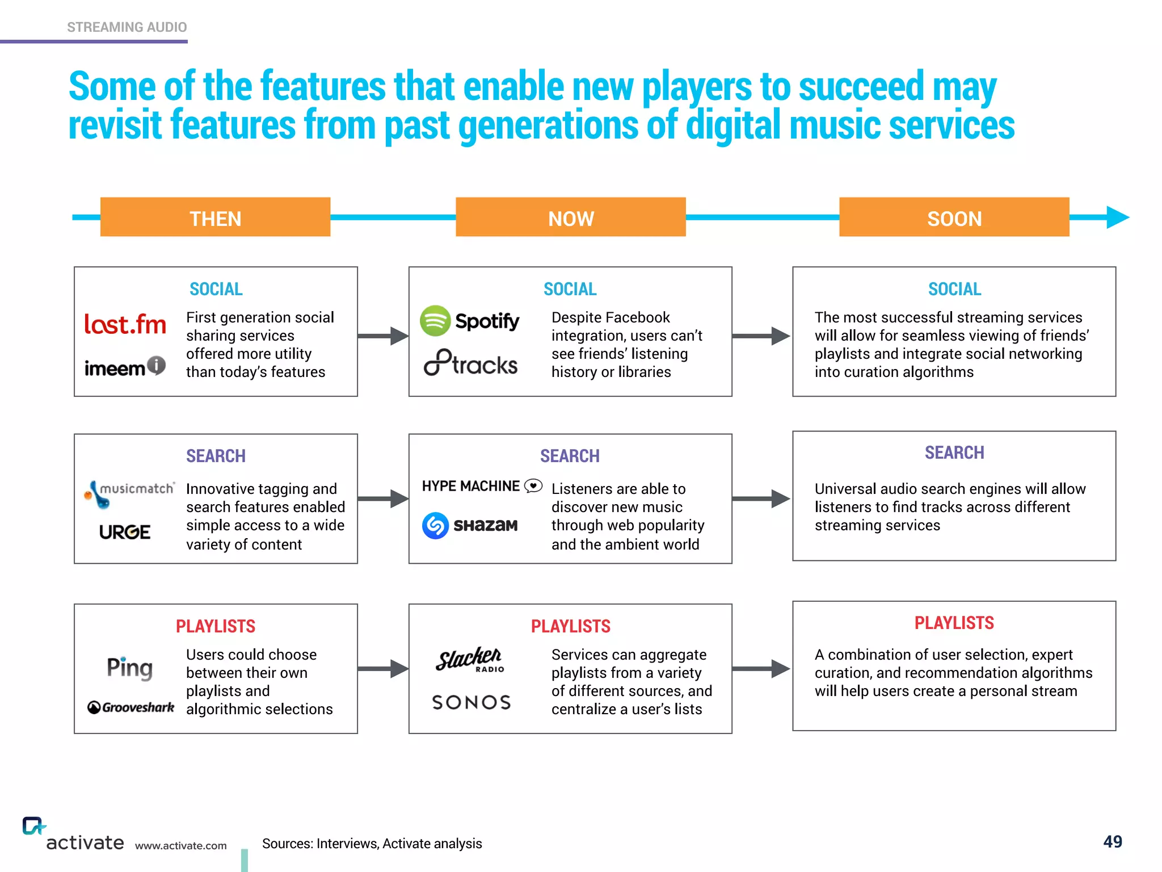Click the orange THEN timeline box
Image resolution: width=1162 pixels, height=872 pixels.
[x=215, y=217]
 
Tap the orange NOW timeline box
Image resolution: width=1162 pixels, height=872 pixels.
[x=570, y=217]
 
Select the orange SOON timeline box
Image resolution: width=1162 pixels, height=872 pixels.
[x=954, y=217]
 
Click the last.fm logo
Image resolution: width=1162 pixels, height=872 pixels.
[x=125, y=324]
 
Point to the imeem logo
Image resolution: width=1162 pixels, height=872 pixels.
[x=125, y=367]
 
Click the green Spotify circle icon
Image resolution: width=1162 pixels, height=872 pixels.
[x=435, y=321]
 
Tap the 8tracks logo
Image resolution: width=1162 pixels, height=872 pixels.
[x=470, y=363]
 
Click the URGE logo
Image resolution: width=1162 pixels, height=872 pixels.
[x=125, y=532]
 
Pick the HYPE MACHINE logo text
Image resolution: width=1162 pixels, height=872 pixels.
[x=471, y=486]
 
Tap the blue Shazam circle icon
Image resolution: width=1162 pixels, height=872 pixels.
[x=435, y=525]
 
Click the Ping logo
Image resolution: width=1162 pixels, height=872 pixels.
[x=130, y=668]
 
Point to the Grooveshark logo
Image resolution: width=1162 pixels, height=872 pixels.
[x=131, y=707]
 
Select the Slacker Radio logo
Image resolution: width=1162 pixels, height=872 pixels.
[x=470, y=660]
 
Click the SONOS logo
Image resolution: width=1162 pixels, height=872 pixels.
[x=471, y=702]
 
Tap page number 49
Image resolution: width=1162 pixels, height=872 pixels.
[x=1112, y=841]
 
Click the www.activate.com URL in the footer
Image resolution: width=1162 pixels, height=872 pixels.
[x=180, y=846]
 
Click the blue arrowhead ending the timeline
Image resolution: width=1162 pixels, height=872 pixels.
[x=1117, y=217]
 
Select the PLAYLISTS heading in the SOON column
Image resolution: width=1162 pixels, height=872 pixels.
[x=954, y=623]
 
